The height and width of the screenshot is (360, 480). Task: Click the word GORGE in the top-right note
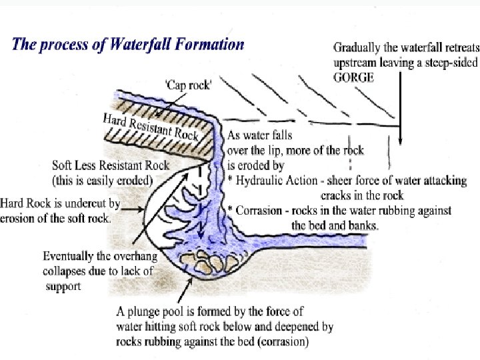tap(354, 77)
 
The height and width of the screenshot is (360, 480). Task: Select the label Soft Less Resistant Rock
tap(111, 165)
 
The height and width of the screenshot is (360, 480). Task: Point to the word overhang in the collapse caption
tap(129, 256)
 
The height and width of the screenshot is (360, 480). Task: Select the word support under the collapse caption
tap(63, 286)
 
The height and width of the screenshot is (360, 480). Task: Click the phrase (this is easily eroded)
tap(102, 180)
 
